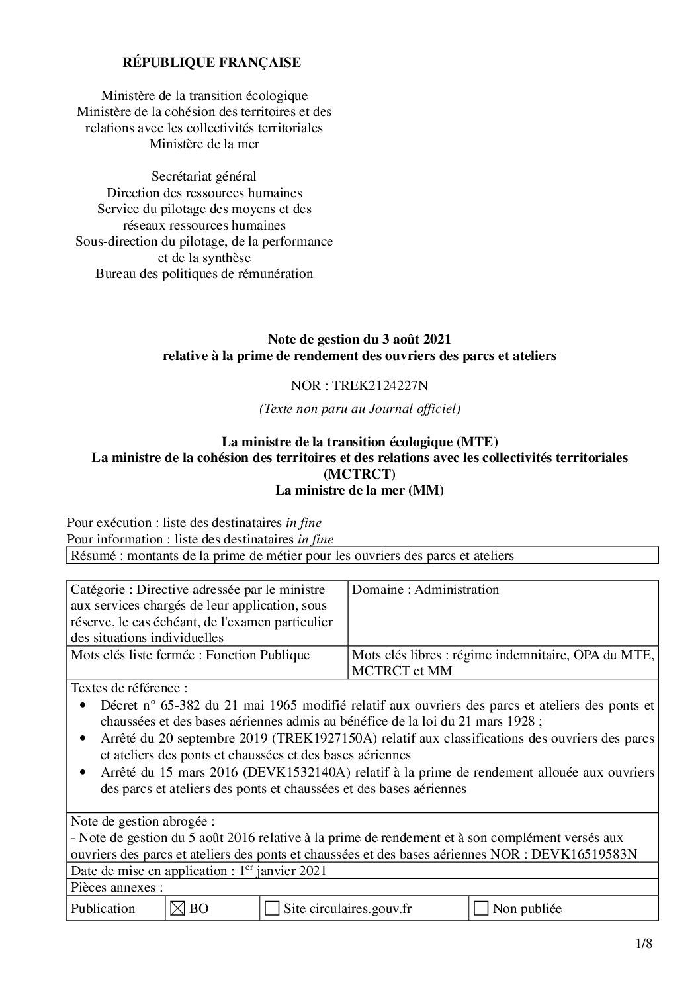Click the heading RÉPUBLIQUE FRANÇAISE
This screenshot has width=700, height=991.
212,63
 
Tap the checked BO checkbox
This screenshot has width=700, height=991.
178,909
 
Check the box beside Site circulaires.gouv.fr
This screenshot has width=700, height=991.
271,909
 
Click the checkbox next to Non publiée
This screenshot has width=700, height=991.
482,909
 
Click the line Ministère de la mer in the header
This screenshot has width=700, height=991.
204,144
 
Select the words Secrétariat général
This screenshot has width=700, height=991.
204,177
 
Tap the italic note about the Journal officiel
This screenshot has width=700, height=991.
360,409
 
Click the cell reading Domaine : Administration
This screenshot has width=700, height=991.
425,590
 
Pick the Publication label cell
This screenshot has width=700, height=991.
103,909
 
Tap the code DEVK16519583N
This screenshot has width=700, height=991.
584,854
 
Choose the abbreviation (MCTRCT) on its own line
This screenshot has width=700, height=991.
359,474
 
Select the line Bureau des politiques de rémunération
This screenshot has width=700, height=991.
204,273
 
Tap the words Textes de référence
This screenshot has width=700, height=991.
129,688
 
